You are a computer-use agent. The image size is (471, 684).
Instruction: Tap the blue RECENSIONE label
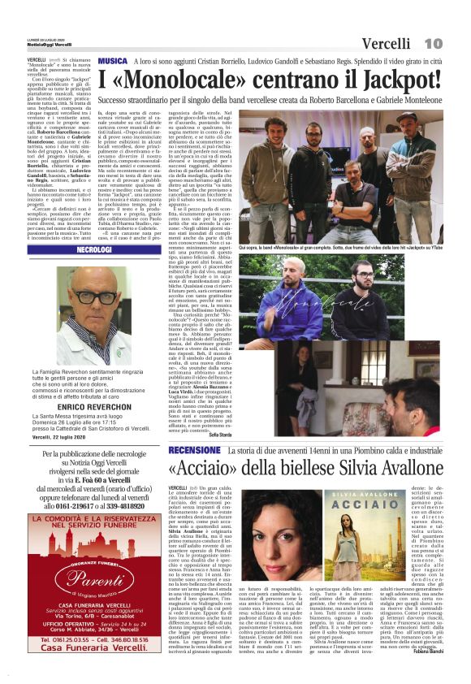pyautogui.click(x=195, y=450)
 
